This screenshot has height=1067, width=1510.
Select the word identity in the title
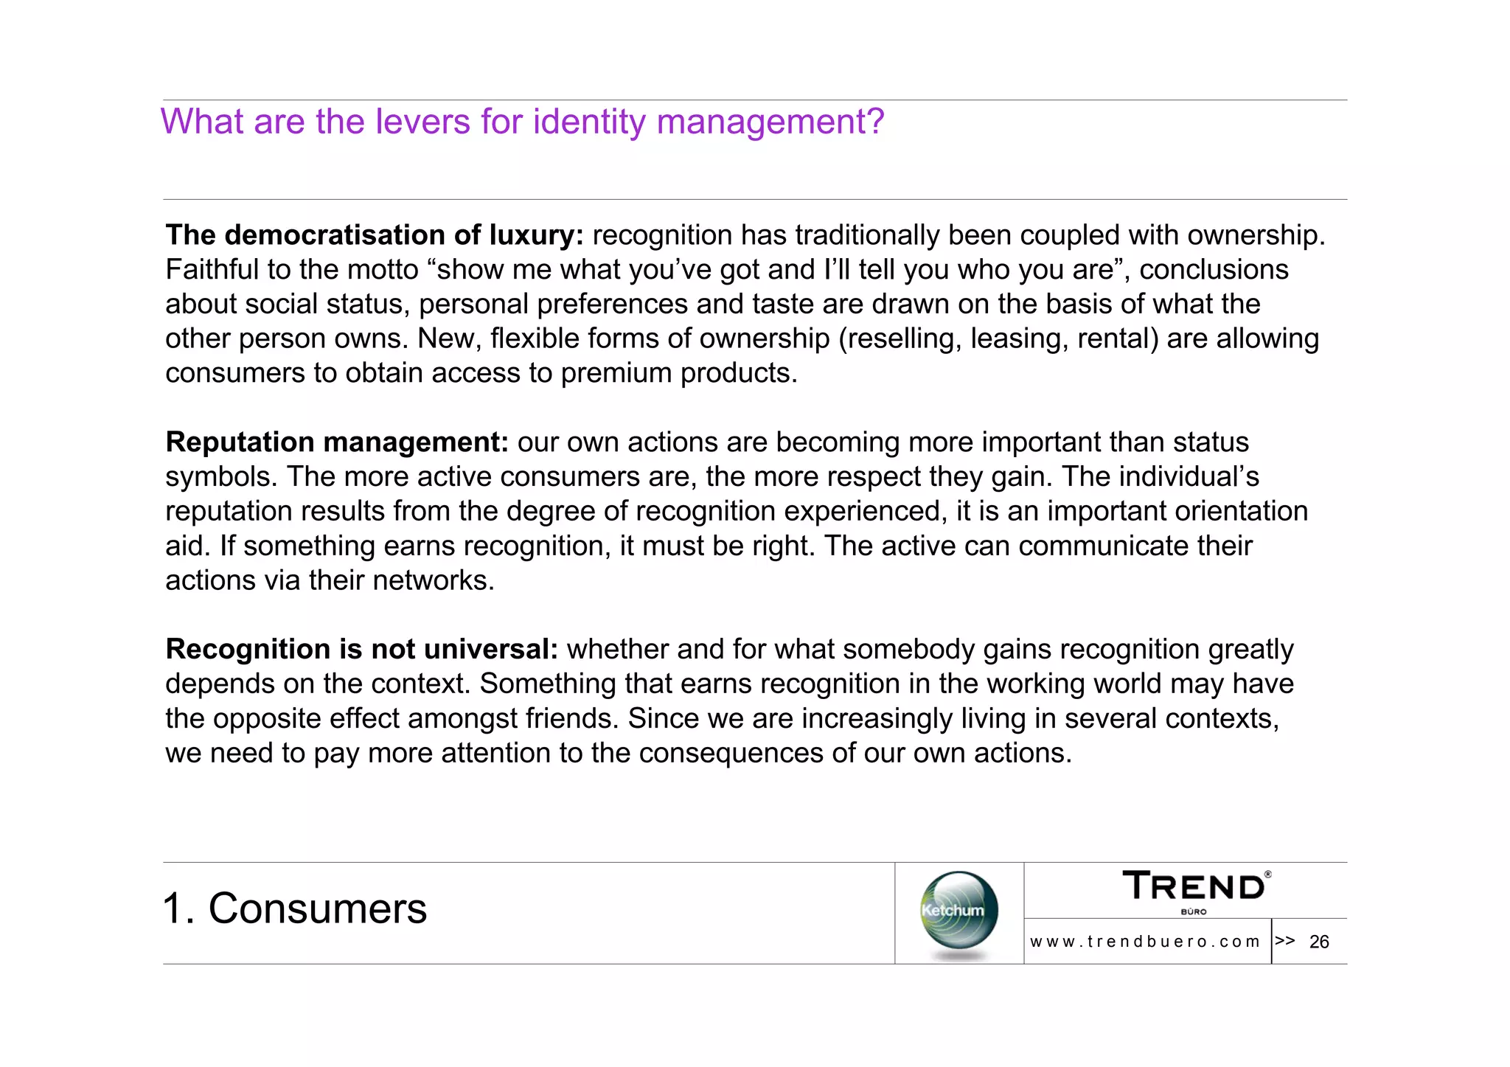[589, 122]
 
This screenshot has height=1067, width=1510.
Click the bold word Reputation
[240, 442]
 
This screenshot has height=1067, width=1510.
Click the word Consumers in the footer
[318, 908]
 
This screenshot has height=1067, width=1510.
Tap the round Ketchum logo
[958, 911]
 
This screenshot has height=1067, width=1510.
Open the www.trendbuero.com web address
[1145, 942]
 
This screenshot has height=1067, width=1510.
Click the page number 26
[1319, 942]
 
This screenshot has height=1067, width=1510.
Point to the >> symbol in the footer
[1284, 940]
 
